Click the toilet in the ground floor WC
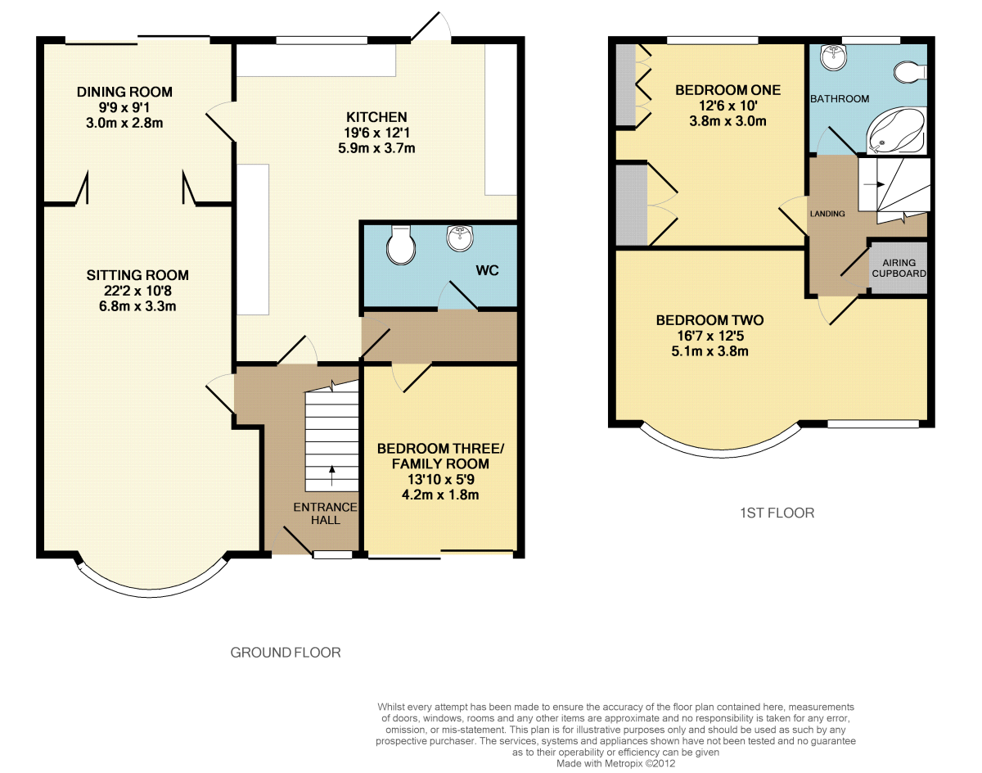pos(401,246)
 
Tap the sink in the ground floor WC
pos(460,238)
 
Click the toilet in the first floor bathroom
pos(910,73)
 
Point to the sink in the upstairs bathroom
pos(833,58)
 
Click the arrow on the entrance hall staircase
pos(331,475)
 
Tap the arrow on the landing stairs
pos(874,184)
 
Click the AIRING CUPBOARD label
pos(899,268)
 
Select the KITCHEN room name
pos(376,117)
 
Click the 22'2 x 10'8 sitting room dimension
pos(137,291)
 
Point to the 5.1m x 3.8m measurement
pos(709,351)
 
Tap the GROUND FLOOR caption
pos(286,653)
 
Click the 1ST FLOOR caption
pos(777,513)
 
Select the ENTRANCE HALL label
pos(326,513)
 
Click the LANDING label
pos(827,214)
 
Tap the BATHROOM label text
pos(840,99)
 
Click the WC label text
pos(488,271)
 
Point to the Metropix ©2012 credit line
pos(615,763)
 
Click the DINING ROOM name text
pos(124,93)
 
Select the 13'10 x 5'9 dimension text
pos(440,479)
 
